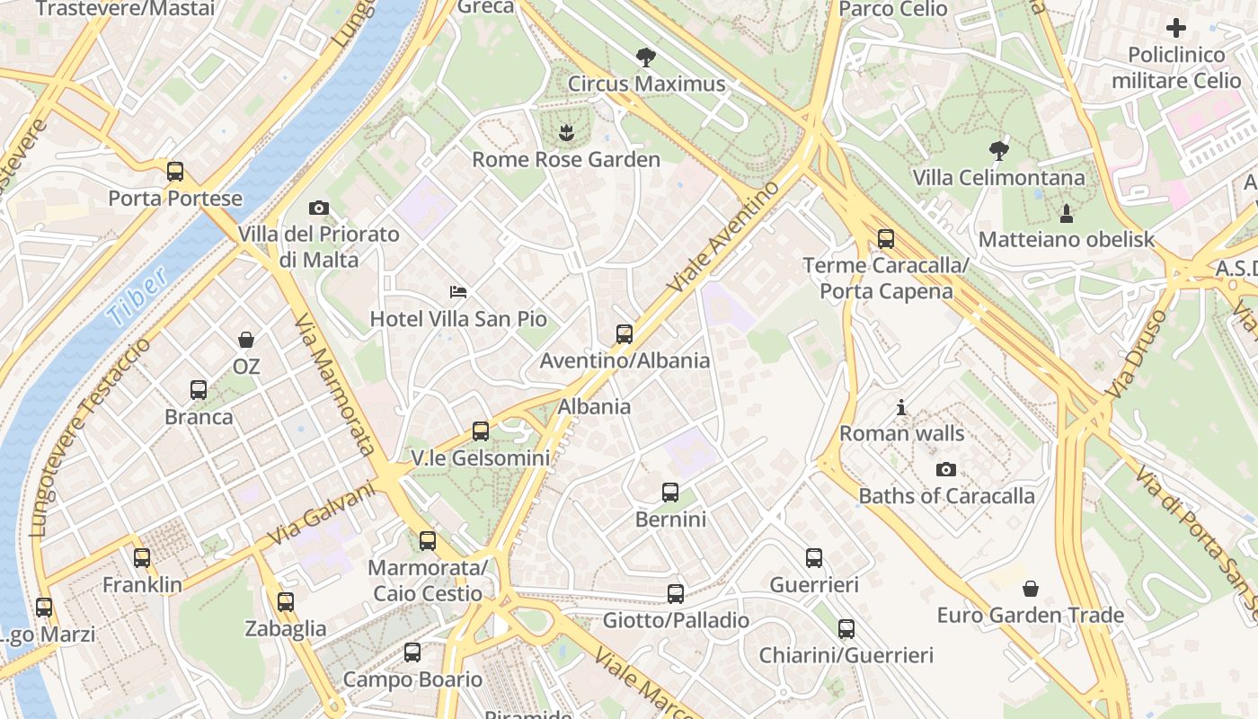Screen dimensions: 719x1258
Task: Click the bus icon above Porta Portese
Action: [x=175, y=171]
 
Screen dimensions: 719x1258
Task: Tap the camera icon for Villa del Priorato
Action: [x=318, y=208]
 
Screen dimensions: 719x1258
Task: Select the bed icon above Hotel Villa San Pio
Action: [x=458, y=291]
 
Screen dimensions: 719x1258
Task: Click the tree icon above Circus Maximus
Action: [x=645, y=58]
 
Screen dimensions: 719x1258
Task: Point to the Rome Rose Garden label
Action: [x=566, y=160]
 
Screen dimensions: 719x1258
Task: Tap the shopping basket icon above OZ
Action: [x=245, y=340]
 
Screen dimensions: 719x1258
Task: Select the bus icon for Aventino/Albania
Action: [x=625, y=334]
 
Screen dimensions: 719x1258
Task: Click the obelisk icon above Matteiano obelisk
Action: [x=1067, y=213]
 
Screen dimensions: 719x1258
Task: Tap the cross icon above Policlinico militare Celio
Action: [x=1175, y=27]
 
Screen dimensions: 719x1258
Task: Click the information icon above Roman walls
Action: [x=901, y=408]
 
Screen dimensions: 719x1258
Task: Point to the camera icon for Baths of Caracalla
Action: [x=945, y=469]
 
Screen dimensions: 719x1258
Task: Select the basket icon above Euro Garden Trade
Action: [x=1031, y=589]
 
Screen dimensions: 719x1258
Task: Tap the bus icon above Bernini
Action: [x=670, y=493]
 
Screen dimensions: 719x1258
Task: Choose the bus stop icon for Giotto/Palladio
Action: [x=676, y=593]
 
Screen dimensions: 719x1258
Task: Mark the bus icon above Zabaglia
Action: [x=286, y=602]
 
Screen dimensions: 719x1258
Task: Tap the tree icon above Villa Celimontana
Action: [x=998, y=150]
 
